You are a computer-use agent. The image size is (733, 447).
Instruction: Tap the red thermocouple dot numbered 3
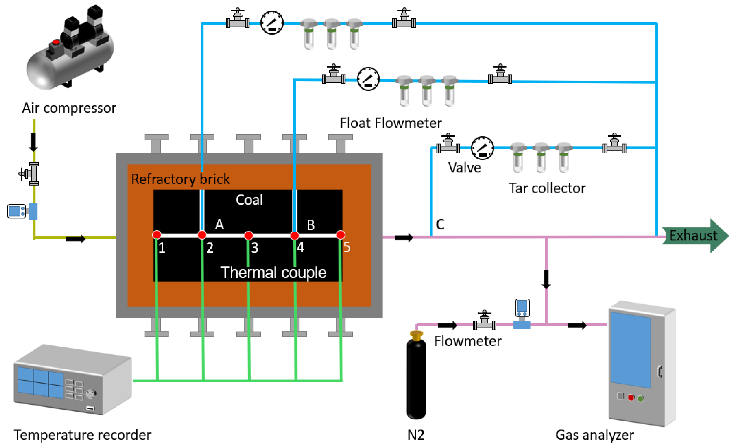[248, 235]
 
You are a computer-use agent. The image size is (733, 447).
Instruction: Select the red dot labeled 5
[341, 235]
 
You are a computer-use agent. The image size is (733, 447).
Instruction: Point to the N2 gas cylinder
[416, 378]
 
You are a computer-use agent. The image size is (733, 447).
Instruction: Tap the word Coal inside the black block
[249, 199]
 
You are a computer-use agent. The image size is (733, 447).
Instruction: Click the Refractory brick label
[180, 179]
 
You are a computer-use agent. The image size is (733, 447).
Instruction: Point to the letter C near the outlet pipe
[440, 224]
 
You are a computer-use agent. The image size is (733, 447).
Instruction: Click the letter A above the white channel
[219, 224]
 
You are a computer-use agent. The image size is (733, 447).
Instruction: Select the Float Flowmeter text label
[391, 123]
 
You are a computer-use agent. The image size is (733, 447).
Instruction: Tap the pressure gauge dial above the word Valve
[482, 148]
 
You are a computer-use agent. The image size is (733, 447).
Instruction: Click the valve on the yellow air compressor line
[31, 173]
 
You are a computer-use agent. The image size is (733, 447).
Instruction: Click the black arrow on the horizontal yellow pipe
[76, 238]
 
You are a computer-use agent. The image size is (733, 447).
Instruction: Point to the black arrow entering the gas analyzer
[577, 325]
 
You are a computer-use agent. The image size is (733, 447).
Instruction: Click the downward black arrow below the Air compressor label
[33, 142]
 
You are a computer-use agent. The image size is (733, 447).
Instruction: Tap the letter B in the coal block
[310, 225]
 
